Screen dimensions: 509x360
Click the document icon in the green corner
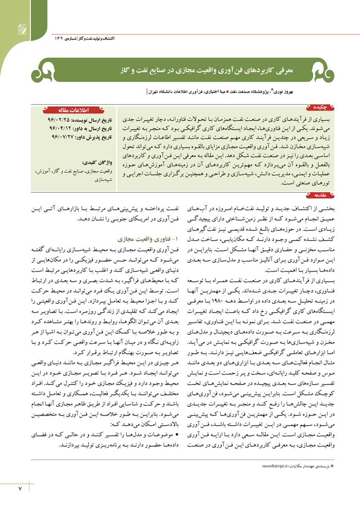pos(22,30)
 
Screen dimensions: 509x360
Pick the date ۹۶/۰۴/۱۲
pos(51,129)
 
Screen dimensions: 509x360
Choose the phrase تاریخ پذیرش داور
pos(95,138)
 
